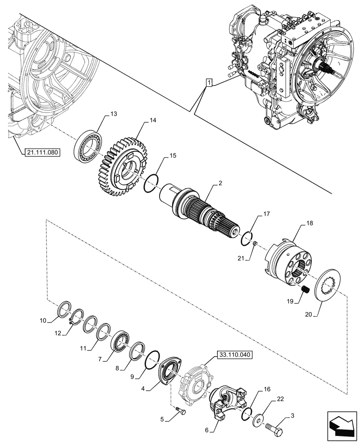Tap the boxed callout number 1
(209, 82)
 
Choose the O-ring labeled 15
(151, 182)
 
